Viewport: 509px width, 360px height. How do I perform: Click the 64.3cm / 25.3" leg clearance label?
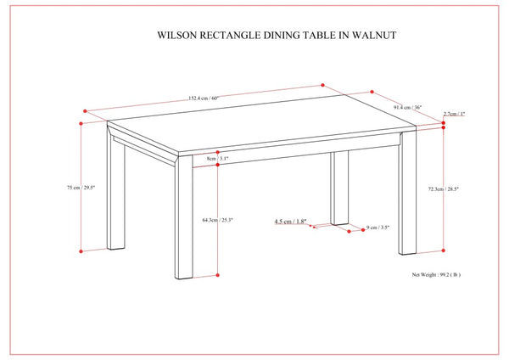[x=218, y=220]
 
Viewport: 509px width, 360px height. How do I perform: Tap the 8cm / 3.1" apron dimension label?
[x=218, y=158]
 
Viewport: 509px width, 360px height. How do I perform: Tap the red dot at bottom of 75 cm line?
[x=81, y=251]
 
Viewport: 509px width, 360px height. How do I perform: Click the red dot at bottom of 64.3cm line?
[x=219, y=276]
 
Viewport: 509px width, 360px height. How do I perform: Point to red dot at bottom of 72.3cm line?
[x=444, y=251]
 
